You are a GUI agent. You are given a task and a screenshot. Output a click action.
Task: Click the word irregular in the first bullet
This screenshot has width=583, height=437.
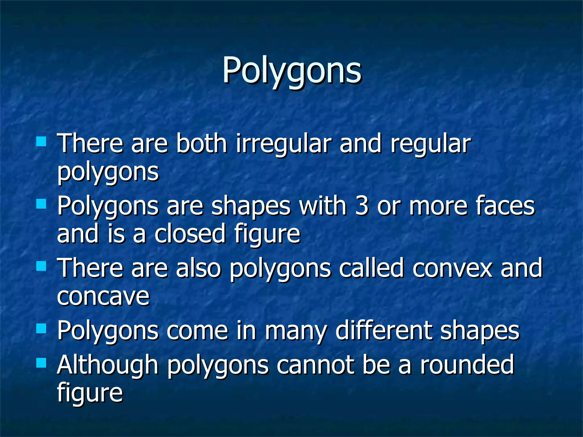(x=283, y=144)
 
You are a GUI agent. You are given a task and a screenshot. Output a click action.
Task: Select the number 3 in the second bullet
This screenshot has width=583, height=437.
(x=362, y=206)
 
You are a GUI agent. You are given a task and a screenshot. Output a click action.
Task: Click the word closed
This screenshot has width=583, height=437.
(x=190, y=234)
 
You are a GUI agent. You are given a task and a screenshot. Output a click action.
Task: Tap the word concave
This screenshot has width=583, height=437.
(x=103, y=296)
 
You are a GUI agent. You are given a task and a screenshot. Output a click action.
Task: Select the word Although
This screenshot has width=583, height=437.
(x=108, y=365)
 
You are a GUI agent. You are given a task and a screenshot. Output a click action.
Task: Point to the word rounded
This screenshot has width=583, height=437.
(x=467, y=365)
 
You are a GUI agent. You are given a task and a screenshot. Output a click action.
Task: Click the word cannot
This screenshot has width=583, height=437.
(x=315, y=365)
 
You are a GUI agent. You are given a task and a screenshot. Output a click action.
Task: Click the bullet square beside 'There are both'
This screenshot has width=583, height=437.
(x=41, y=141)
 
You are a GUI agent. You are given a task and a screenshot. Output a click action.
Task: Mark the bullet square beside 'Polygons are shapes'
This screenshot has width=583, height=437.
(x=41, y=204)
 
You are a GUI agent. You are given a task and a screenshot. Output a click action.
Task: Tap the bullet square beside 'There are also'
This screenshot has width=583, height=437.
(x=41, y=266)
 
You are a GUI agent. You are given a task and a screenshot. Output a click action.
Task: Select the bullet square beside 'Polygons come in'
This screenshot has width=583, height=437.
(x=41, y=329)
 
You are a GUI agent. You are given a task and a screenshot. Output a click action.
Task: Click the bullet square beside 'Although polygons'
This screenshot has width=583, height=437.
(x=41, y=363)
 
